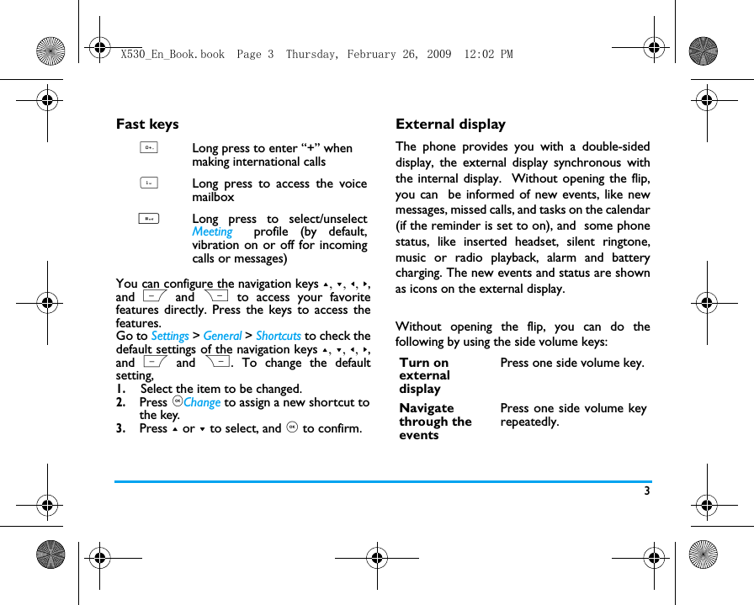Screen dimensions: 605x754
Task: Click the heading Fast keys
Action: click(147, 125)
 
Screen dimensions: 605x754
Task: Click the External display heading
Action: click(450, 125)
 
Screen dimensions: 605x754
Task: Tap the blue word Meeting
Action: click(212, 232)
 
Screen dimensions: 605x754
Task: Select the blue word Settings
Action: click(170, 336)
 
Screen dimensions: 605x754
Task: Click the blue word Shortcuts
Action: click(279, 336)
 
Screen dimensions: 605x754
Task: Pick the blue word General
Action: click(222, 336)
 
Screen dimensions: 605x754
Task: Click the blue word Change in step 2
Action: click(202, 402)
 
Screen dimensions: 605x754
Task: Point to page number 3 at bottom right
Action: click(647, 491)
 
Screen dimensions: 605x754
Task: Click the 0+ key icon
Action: click(148, 148)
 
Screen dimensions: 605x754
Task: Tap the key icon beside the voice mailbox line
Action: click(148, 183)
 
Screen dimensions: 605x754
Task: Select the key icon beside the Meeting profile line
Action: click(148, 219)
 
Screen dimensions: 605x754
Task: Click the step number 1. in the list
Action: click(122, 389)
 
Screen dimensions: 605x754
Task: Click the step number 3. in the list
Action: click(122, 428)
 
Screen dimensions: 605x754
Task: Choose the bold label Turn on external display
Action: click(425, 375)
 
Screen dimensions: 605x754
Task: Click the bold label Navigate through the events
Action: click(435, 422)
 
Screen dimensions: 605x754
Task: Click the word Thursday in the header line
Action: click(313, 55)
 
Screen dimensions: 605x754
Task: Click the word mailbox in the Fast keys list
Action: click(213, 197)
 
